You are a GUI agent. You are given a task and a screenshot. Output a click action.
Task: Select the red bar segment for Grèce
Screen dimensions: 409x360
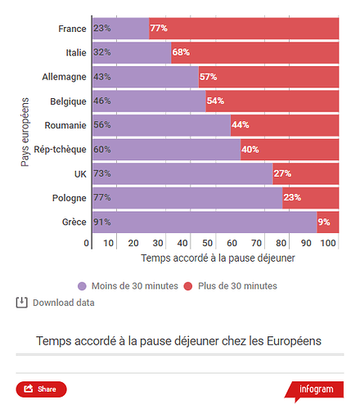pos(329,222)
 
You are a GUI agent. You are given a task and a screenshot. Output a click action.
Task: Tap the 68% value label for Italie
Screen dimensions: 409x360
pos(181,52)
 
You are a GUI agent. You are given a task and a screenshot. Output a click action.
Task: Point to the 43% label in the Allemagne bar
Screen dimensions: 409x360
pos(102,77)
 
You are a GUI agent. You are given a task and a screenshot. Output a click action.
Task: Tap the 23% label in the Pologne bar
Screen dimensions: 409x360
pos(292,197)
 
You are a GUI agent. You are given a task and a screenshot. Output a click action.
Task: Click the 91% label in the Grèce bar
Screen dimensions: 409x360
pos(102,222)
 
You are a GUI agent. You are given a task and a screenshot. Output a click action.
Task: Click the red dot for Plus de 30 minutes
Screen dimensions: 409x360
pos(187,286)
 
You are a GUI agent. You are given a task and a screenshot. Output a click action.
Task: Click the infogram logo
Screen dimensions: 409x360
pos(314,389)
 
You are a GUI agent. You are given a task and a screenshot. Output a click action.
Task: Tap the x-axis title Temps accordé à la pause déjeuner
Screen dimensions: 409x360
pos(218,258)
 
